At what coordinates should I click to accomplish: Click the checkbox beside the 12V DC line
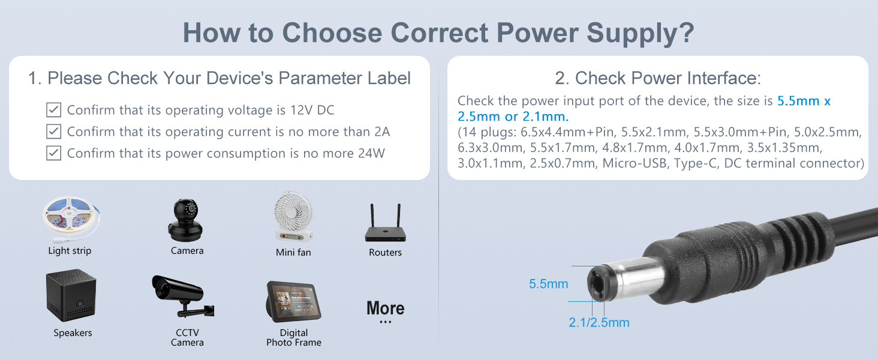click(54, 110)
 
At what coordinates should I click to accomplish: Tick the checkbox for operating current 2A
click(54, 131)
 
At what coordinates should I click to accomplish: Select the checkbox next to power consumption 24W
click(54, 153)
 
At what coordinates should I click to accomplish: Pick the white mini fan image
click(293, 218)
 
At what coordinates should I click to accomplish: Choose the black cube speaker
click(71, 296)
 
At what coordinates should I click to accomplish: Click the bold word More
click(385, 308)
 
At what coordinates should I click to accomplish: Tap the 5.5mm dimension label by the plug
click(548, 284)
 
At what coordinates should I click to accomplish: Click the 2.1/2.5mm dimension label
click(599, 323)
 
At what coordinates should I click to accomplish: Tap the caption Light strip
click(70, 251)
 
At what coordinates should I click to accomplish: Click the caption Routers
click(385, 253)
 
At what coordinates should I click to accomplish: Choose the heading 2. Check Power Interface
click(658, 78)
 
